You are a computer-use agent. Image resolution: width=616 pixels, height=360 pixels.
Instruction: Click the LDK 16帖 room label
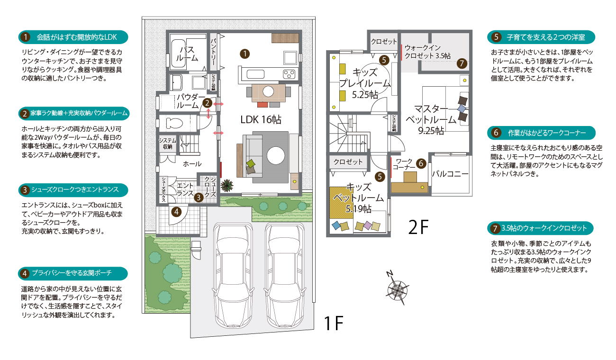pyautogui.click(x=261, y=119)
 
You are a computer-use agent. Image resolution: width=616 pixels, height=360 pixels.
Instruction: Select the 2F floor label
pyautogui.click(x=418, y=227)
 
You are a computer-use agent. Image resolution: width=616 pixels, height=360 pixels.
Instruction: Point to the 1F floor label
pyautogui.click(x=333, y=323)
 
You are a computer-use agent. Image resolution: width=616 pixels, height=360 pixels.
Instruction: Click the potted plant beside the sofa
pyautogui.click(x=227, y=185)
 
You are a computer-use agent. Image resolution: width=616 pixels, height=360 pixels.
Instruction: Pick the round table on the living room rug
pyautogui.click(x=276, y=155)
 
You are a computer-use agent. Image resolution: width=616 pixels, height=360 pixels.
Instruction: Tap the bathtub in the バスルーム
pyautogui.click(x=178, y=54)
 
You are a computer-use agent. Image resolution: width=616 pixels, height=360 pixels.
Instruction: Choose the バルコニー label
pyautogui.click(x=450, y=174)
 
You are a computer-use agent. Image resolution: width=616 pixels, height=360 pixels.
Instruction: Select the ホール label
pyautogui.click(x=192, y=164)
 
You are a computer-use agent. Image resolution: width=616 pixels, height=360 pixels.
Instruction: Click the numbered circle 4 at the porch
pyautogui.click(x=176, y=212)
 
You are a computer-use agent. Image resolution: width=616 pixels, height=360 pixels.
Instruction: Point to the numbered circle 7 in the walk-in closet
pyautogui.click(x=462, y=64)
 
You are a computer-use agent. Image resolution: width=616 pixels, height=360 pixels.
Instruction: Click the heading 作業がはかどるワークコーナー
pyautogui.click(x=547, y=133)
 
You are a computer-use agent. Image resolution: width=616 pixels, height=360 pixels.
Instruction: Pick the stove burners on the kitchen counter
pyautogui.click(x=289, y=74)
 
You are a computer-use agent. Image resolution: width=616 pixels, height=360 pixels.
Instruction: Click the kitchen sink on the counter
pyautogui.click(x=255, y=74)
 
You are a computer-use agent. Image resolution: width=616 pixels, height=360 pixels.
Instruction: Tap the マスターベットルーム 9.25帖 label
pyautogui.click(x=431, y=119)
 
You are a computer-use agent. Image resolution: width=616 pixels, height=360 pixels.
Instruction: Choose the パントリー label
pyautogui.click(x=213, y=52)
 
